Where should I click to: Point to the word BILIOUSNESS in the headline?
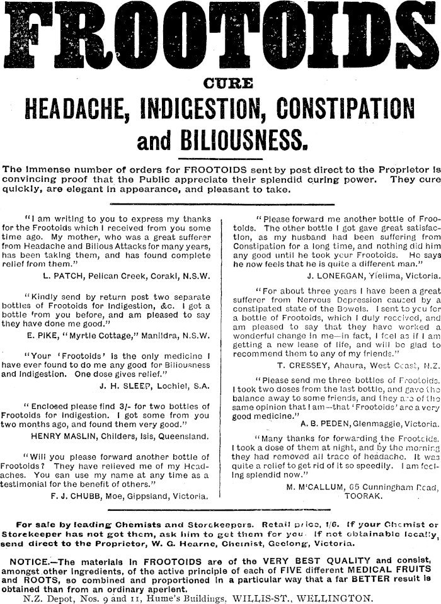pos(244,141)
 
